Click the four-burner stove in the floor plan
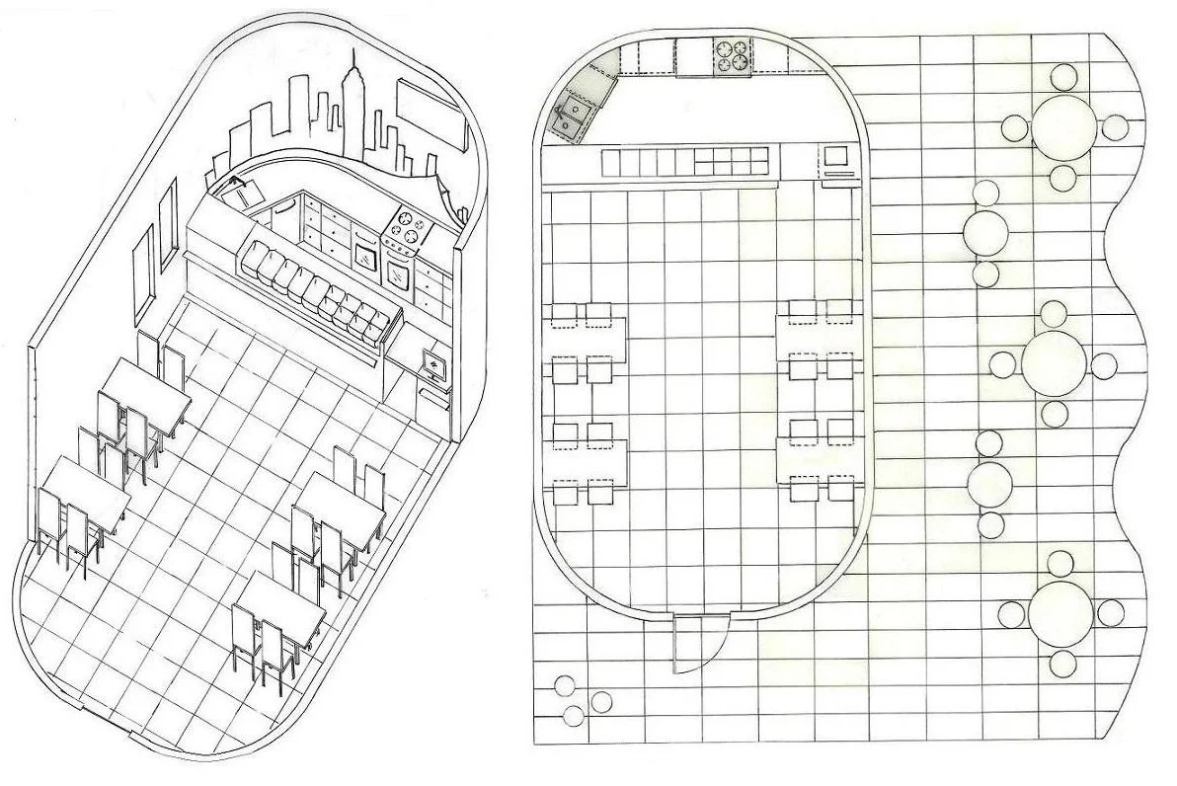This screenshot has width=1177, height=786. (x=731, y=55)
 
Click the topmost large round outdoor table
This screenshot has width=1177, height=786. (x=1063, y=125)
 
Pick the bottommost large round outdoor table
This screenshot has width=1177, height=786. (x=1059, y=612)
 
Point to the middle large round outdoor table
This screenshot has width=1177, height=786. (x=1054, y=362)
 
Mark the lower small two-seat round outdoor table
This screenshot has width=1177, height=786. (x=986, y=483)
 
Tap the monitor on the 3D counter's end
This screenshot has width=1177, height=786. (x=433, y=366)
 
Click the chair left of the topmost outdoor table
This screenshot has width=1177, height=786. (x=1015, y=126)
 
